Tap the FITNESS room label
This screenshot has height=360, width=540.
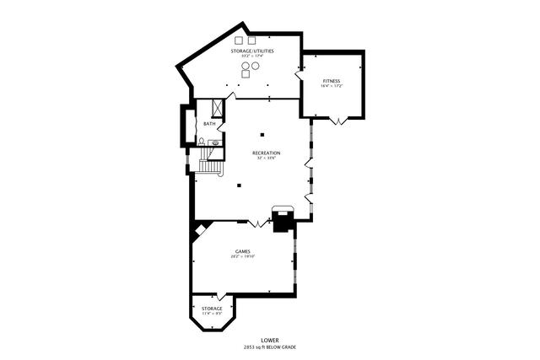point(330,81)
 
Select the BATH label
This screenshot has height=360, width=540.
point(209,125)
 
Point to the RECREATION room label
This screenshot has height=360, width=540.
point(266,153)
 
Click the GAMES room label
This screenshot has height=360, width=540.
point(242,250)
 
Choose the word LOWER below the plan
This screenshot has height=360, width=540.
point(270,341)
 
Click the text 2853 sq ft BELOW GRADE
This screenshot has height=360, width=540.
point(270,347)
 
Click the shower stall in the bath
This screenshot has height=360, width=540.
point(217,107)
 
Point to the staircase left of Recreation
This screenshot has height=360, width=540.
point(209,164)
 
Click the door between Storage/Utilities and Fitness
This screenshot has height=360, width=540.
point(299,75)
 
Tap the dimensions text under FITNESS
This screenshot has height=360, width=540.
point(330,87)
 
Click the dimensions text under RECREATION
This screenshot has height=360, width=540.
point(266,159)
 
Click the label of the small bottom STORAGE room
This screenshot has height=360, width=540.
point(212,309)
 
